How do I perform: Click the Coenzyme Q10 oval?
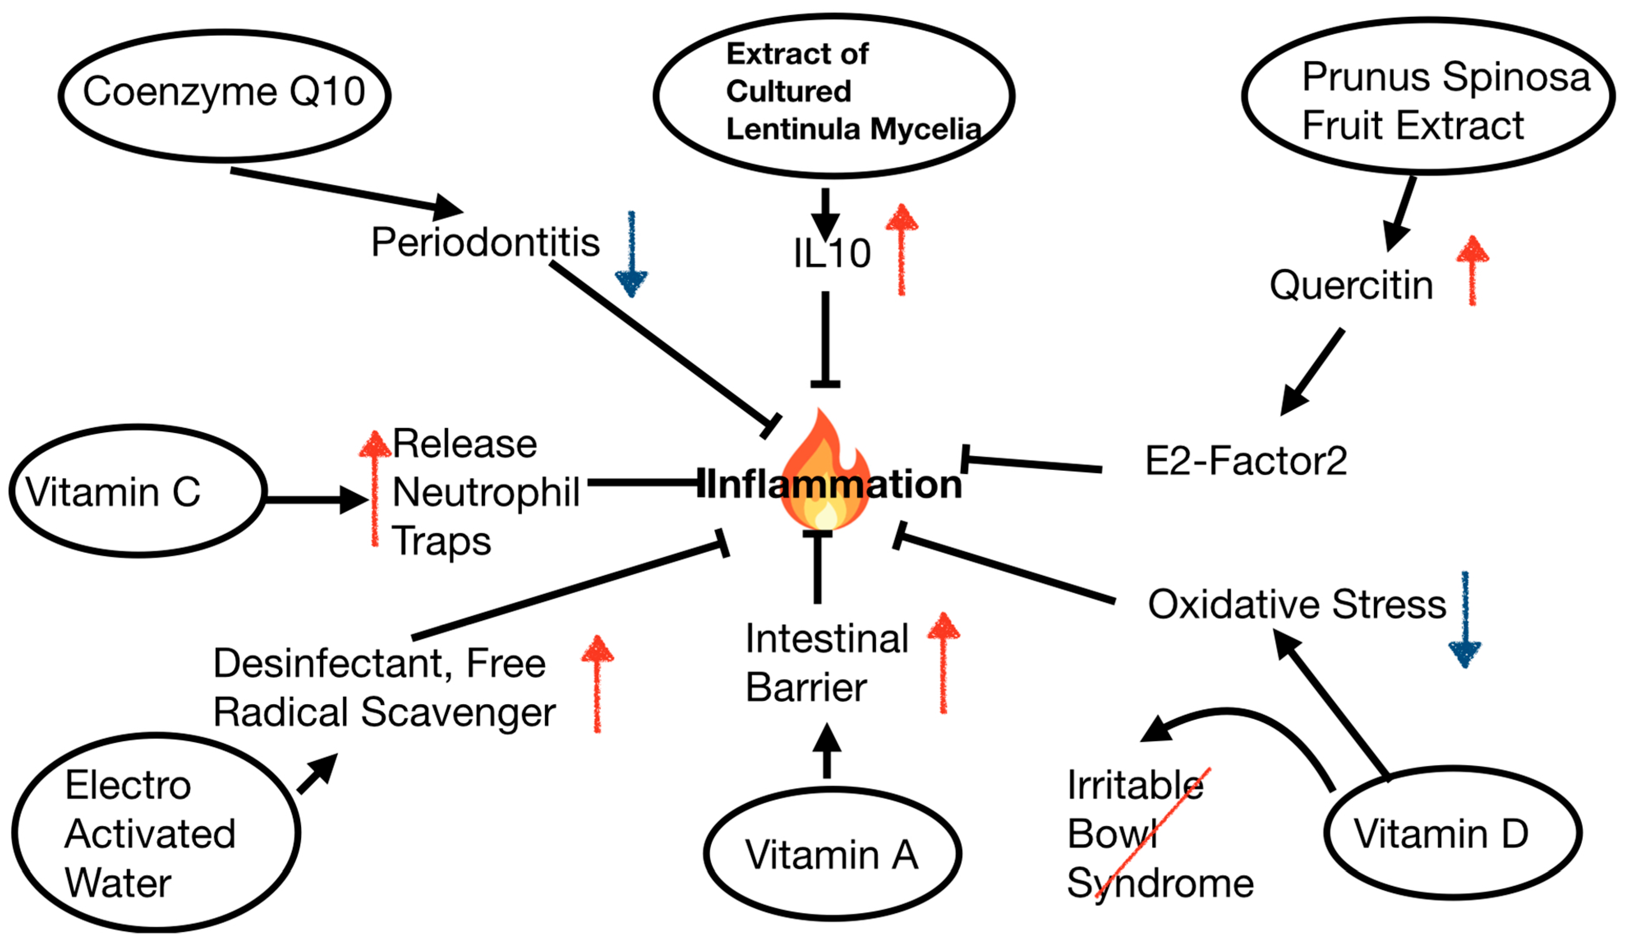224,95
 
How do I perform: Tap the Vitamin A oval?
832,854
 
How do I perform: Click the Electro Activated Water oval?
155,832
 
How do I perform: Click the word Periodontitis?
485,242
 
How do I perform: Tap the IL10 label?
832,253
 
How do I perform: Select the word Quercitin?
1351,285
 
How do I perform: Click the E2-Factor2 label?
1246,461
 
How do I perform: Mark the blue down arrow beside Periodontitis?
631,255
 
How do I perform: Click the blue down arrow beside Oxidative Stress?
1465,620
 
